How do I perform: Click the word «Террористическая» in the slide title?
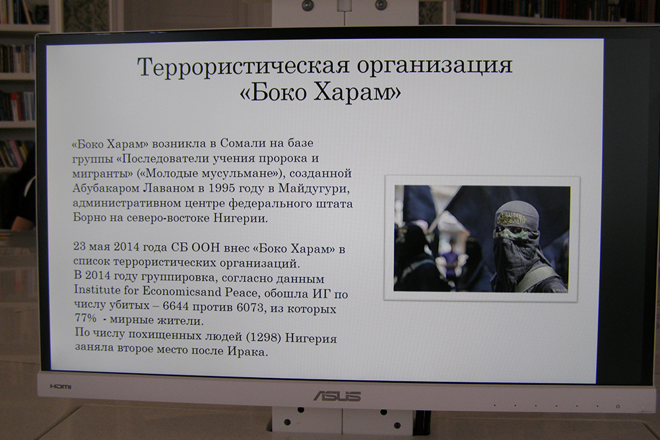pyautogui.click(x=244, y=67)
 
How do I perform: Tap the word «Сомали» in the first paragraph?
pyautogui.click(x=244, y=143)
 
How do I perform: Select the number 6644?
pyautogui.click(x=176, y=305)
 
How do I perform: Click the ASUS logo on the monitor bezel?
pyautogui.click(x=337, y=396)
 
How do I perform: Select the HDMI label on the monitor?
pyautogui.click(x=61, y=386)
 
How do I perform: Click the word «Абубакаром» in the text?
pyautogui.click(x=105, y=188)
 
